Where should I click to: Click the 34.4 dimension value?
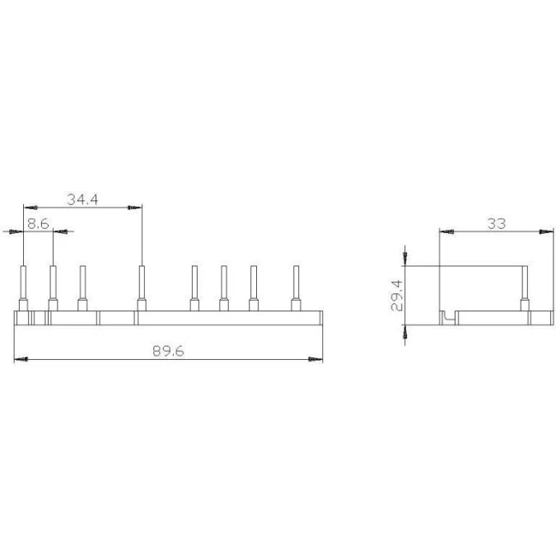coord(82,199)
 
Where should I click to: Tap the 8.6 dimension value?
coord(38,224)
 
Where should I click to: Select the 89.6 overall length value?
coord(168,351)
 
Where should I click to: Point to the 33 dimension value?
coord(497,224)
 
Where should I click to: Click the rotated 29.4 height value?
coord(397,296)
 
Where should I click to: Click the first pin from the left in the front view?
coord(23,288)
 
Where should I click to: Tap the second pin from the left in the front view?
coord(53,288)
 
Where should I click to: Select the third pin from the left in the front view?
coord(82,288)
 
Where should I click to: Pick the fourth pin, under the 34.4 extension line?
coord(142,288)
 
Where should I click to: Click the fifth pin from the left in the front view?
coord(194,288)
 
